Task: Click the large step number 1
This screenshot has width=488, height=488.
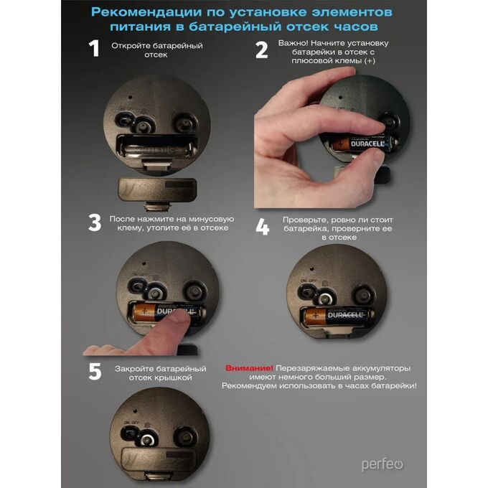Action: pyautogui.click(x=94, y=48)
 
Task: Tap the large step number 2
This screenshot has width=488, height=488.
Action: pyautogui.click(x=261, y=50)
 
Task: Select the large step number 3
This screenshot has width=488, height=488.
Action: pyautogui.click(x=95, y=222)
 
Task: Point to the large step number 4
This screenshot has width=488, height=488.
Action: pyautogui.click(x=263, y=227)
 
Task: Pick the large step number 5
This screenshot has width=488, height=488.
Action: pyautogui.click(x=95, y=371)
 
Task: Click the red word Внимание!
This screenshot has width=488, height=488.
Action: pyautogui.click(x=249, y=368)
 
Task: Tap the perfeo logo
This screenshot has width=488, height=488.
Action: pyautogui.click(x=383, y=465)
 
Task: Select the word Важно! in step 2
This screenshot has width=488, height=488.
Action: pyautogui.click(x=293, y=43)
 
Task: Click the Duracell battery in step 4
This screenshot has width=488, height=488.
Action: pyautogui.click(x=339, y=316)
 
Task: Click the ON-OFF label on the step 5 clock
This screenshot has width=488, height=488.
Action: pyautogui.click(x=131, y=423)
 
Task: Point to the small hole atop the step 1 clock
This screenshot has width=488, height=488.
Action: pyautogui.click(x=130, y=97)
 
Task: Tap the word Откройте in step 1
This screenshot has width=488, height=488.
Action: pyautogui.click(x=131, y=46)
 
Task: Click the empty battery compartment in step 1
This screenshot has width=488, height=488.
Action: pyautogui.click(x=157, y=147)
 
